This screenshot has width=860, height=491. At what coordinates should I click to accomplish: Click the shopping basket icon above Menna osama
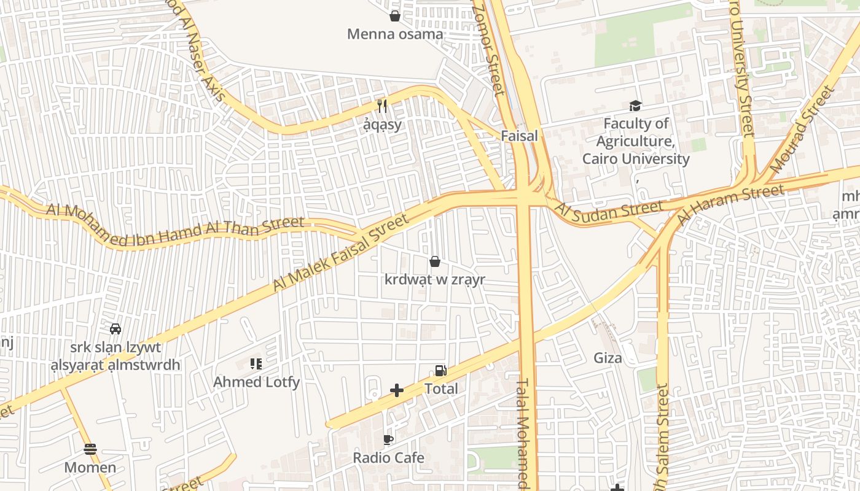click(395, 16)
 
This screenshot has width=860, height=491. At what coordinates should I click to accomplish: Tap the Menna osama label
click(395, 34)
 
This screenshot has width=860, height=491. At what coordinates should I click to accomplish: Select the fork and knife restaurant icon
click(382, 106)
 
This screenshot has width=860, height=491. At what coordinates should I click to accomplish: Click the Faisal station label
click(519, 136)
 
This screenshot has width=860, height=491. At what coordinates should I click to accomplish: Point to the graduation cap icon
click(635, 106)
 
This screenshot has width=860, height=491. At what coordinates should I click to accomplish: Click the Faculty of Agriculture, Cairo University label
click(636, 141)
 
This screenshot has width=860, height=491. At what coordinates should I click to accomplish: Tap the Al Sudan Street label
click(609, 210)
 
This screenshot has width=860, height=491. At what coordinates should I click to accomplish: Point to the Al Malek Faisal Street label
click(341, 252)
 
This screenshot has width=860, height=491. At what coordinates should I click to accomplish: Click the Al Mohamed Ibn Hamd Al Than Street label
click(176, 227)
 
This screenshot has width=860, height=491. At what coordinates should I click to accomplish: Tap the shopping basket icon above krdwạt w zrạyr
click(435, 262)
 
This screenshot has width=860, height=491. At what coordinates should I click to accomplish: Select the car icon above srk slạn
click(115, 329)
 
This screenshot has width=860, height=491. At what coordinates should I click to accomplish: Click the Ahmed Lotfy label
click(256, 382)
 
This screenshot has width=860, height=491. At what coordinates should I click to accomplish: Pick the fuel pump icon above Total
click(440, 370)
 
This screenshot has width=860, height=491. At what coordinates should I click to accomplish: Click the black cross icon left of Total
click(397, 390)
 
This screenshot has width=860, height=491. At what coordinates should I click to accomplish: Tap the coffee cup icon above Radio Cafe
click(388, 439)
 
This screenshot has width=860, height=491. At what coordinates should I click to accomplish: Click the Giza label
click(608, 357)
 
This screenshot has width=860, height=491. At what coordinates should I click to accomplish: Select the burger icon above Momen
click(90, 449)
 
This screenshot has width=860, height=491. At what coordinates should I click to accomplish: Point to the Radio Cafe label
click(388, 458)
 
